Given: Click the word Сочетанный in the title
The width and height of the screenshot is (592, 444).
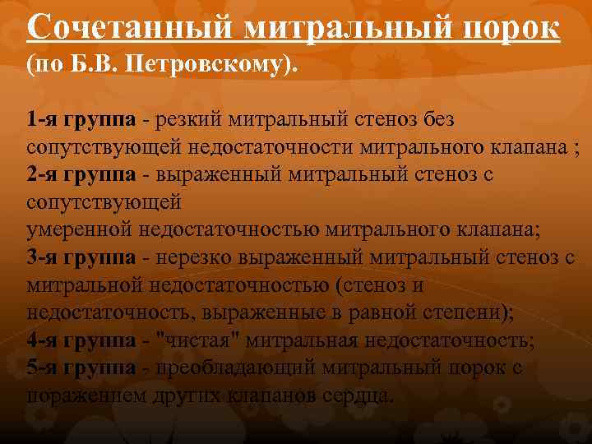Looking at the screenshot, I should pos(132,29).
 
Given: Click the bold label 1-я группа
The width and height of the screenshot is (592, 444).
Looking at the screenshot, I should pos(81,121).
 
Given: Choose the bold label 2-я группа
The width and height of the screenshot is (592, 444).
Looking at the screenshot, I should pos(81,175).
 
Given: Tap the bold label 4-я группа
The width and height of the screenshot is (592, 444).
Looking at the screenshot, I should pos(81,340).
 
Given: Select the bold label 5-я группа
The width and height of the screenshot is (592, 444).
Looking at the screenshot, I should pos(81,368).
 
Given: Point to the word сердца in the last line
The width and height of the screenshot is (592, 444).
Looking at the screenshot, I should pos(355,395).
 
